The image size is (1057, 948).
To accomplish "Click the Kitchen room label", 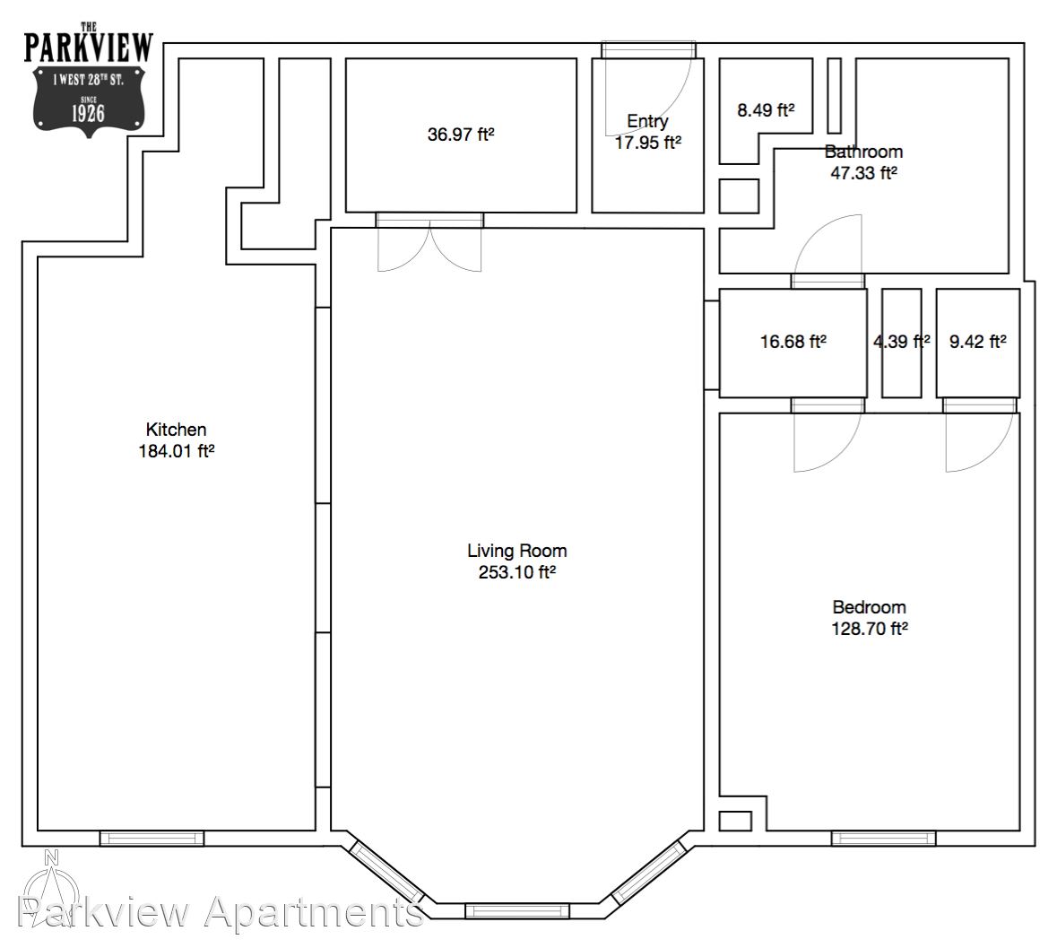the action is tap(176, 430).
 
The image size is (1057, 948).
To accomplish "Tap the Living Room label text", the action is tap(517, 551).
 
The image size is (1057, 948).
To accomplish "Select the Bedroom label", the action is tap(869, 607).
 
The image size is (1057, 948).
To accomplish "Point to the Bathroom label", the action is tap(863, 152).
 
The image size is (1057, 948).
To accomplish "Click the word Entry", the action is tap(647, 121).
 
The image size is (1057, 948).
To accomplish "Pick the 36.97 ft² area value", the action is tap(461, 135).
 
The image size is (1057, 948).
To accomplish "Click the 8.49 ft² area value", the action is tap(766, 110).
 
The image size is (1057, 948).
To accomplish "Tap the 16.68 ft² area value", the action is tap(793, 342).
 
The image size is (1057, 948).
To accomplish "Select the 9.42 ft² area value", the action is tap(978, 342).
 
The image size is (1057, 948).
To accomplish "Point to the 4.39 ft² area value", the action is tap(902, 342).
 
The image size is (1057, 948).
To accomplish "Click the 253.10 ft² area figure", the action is tap(517, 572).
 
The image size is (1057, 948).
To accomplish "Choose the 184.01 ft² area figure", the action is tap(176, 451).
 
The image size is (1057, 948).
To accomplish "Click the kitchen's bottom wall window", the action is tap(152, 839).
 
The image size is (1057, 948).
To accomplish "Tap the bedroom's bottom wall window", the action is tap(884, 839).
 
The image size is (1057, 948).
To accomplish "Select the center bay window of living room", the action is tap(517, 911).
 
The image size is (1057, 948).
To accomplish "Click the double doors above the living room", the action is tap(429, 243).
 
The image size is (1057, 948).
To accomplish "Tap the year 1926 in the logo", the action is tap(89, 113).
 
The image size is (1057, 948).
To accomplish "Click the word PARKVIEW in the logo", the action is tap(89, 48).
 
